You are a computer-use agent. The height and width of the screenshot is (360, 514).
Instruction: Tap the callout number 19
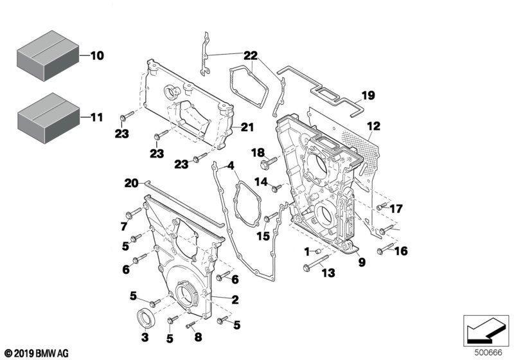tap(366, 96)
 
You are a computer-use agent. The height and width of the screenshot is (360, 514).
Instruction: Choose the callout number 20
tap(131, 183)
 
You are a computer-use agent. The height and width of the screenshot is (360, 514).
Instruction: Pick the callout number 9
tap(362, 262)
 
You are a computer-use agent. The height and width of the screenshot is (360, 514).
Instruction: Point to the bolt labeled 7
tap(136, 214)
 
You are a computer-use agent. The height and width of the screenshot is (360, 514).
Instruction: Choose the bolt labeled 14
tap(276, 188)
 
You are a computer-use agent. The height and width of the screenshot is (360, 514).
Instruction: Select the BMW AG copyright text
tap(37, 353)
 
